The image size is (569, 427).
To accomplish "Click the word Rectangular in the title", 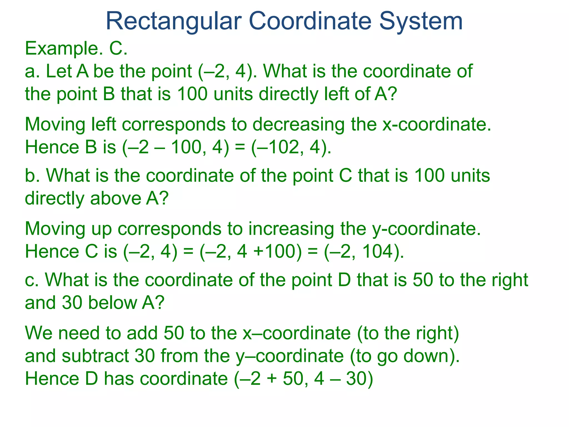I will click(x=174, y=22).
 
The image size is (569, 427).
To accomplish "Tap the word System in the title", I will click(x=421, y=22).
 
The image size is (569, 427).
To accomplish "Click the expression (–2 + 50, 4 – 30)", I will click(x=303, y=379).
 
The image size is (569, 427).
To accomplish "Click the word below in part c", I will click(x=112, y=303).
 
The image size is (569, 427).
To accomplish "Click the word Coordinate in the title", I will click(x=310, y=22).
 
